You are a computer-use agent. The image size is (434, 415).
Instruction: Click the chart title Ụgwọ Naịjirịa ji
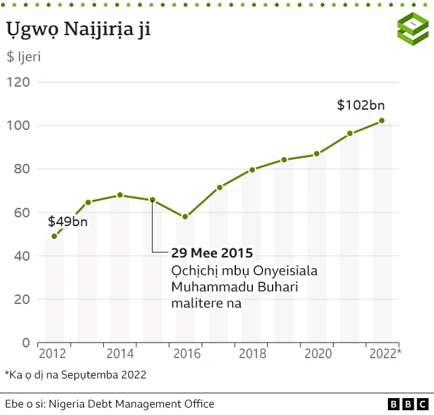click(x=79, y=30)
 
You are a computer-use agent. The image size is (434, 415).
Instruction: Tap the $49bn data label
click(x=68, y=221)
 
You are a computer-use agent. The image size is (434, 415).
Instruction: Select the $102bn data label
click(x=361, y=105)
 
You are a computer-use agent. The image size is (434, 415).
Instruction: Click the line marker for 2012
click(x=54, y=236)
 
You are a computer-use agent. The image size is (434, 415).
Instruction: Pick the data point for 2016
click(x=185, y=217)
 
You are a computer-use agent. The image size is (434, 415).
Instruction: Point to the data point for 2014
click(x=120, y=195)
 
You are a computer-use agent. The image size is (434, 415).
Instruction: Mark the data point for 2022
click(x=382, y=121)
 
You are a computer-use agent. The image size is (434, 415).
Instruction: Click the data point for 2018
click(x=252, y=169)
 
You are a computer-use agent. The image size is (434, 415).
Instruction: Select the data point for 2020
click(x=317, y=154)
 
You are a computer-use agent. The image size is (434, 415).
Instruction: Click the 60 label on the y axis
click(x=22, y=213)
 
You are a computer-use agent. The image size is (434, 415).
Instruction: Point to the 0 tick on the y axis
click(x=26, y=343)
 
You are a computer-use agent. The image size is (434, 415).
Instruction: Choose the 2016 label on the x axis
click(x=185, y=353)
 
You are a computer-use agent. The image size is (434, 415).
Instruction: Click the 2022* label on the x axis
click(x=384, y=353)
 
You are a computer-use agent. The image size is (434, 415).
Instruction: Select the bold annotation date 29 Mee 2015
click(x=212, y=253)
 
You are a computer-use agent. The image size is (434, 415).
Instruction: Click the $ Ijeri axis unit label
click(x=24, y=56)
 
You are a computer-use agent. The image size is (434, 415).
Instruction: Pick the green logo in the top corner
click(x=412, y=29)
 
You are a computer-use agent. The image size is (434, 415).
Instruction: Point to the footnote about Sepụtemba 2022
click(x=75, y=374)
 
